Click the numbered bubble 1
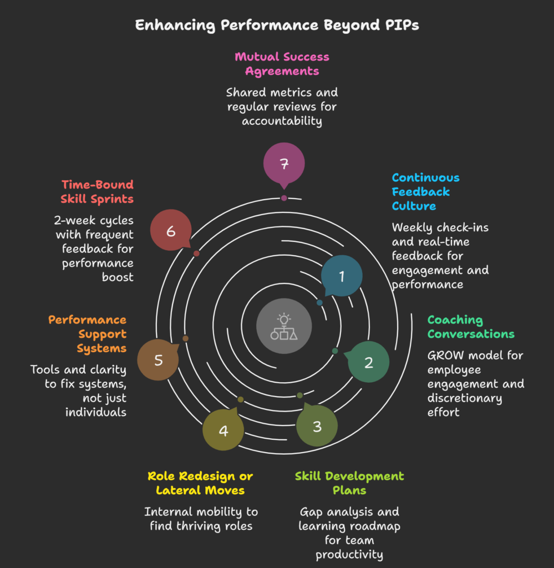[342, 276]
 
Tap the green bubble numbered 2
[368, 362]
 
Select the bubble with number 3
[317, 426]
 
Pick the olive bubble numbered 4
[223, 430]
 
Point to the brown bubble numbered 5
[158, 360]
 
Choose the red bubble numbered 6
[171, 231]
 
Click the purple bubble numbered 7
[284, 164]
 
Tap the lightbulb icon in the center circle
[284, 319]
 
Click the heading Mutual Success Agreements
[282, 64]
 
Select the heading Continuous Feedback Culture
[425, 192]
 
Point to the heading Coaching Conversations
[471, 327]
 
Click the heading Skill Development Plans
[349, 483]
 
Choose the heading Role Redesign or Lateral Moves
[200, 483]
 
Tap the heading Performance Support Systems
[88, 334]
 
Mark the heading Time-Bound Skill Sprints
[98, 191]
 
